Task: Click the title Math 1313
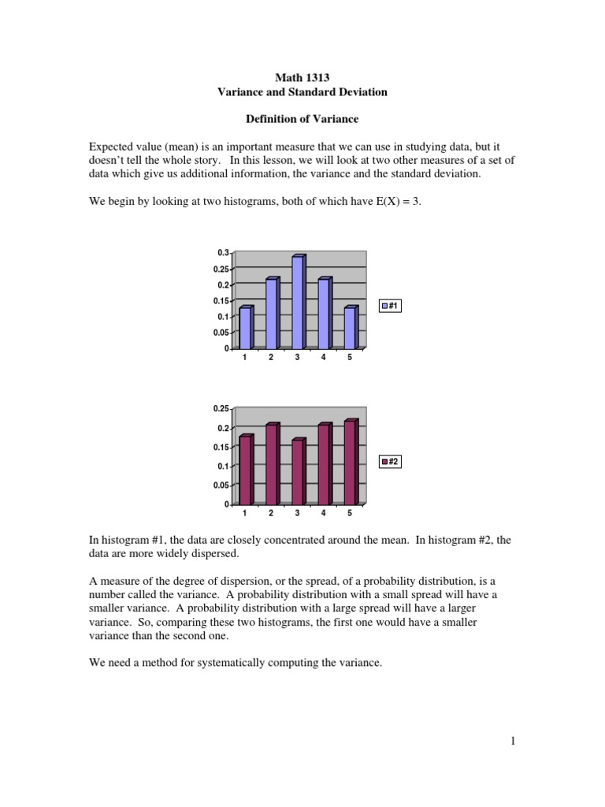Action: [302, 77]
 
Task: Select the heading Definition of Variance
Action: [302, 119]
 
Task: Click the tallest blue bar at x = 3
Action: [298, 303]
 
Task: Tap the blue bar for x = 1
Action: [245, 328]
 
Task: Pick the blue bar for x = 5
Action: [351, 328]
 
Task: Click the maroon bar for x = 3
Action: [298, 472]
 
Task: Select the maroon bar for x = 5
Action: [351, 463]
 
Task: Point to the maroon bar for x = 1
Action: [245, 470]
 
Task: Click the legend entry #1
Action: [391, 306]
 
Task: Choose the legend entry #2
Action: [391, 462]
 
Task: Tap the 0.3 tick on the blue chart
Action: [223, 253]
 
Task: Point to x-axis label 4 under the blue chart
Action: [324, 357]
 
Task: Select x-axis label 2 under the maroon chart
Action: [271, 513]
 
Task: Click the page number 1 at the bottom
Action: [512, 741]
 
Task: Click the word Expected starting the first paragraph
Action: [110, 147]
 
